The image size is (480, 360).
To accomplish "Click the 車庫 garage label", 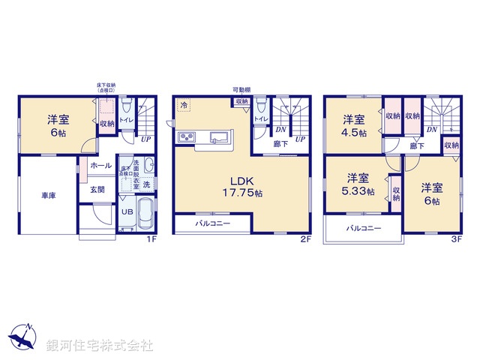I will [49, 195].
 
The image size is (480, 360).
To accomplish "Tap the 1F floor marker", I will [150, 239].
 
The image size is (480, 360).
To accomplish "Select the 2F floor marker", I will [305, 239].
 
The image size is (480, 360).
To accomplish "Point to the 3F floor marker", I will [457, 239].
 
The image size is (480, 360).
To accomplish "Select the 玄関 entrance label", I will [98, 190].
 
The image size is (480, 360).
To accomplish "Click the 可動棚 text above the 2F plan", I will [241, 90].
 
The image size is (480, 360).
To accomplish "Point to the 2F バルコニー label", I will [213, 223].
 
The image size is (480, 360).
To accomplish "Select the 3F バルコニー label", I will [364, 228].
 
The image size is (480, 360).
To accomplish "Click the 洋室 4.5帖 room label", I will [354, 126].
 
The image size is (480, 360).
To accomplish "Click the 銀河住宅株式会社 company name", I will [100, 346].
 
